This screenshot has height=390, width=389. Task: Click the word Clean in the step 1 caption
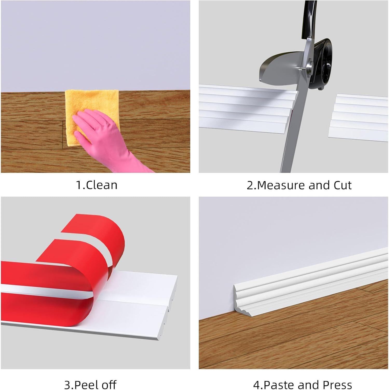tap(101, 185)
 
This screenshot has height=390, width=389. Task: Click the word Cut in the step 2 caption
tap(343, 185)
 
